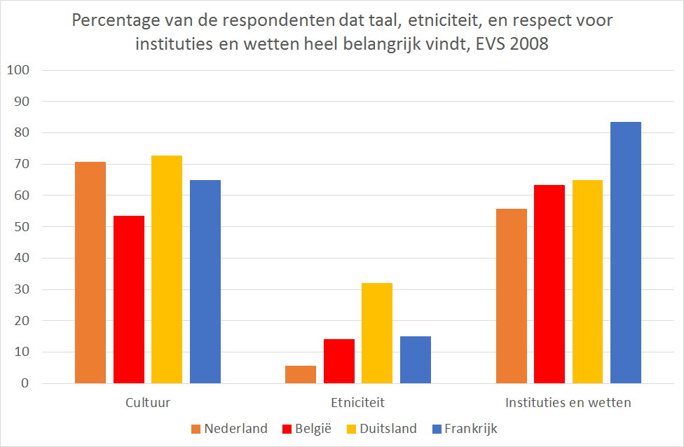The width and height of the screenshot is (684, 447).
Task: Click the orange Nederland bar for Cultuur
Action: [90, 273]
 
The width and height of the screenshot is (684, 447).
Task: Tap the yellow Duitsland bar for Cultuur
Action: [167, 269]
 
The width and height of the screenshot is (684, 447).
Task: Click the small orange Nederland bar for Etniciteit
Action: [301, 375]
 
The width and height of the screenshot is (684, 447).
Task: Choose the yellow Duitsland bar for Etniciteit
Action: [377, 333]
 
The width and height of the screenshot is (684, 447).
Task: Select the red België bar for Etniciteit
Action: [339, 361]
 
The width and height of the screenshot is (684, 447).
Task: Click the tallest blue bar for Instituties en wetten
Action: [626, 252]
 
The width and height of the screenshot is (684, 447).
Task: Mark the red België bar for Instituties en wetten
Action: [549, 284]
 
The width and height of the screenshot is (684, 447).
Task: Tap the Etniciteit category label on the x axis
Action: [357, 403]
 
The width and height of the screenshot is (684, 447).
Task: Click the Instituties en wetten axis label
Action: [568, 403]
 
